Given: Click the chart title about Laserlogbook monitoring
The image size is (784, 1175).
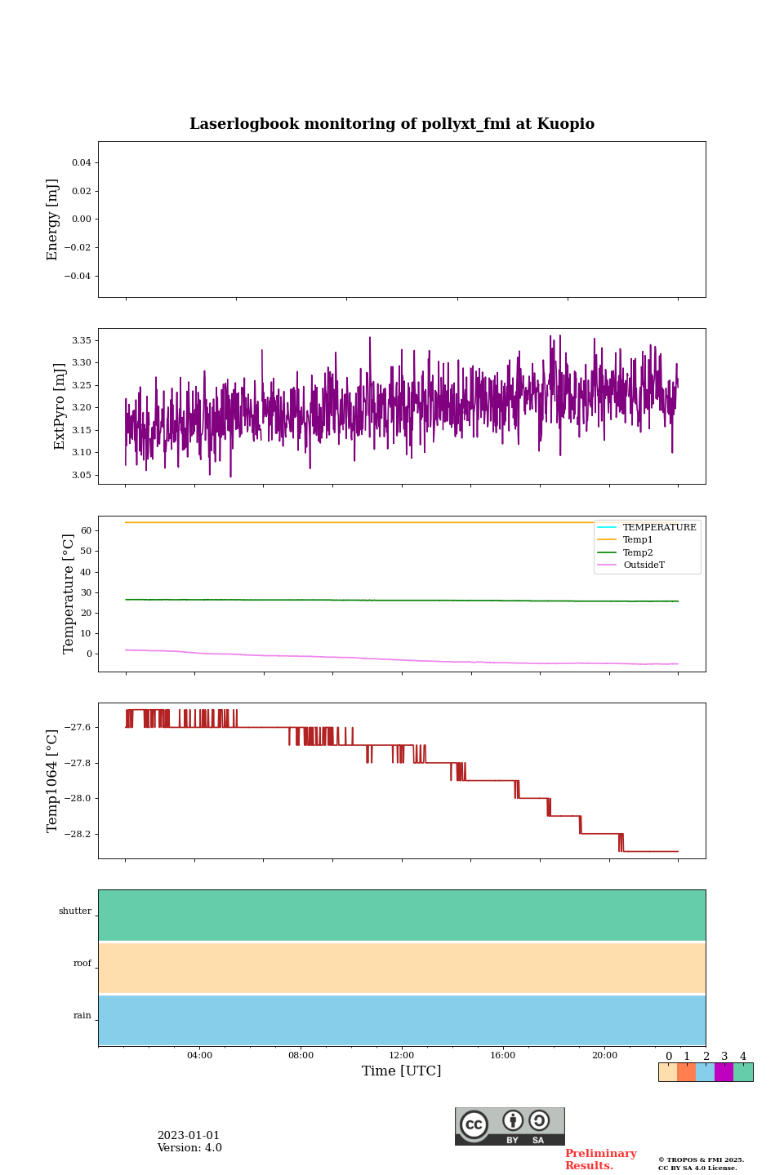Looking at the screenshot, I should click(x=392, y=124).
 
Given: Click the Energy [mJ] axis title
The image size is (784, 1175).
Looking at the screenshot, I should click(x=53, y=219).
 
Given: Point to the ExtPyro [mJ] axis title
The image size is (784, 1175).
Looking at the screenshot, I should click(x=60, y=406).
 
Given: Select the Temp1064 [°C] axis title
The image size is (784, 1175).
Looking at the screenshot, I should click(x=53, y=780).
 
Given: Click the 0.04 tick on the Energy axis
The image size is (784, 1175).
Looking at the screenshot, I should click(x=81, y=163).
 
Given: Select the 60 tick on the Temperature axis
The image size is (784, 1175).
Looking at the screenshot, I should click(x=85, y=530).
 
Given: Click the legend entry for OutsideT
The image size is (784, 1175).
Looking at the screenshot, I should click(x=644, y=565).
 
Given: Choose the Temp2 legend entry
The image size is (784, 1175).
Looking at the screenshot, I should click(x=638, y=553).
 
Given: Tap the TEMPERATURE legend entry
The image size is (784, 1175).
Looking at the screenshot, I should click(x=659, y=528).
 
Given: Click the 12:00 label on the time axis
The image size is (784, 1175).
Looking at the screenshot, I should click(x=402, y=1056).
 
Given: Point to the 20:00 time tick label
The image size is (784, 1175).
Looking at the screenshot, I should click(x=604, y=1056).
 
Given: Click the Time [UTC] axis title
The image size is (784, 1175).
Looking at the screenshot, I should click(x=402, y=1071).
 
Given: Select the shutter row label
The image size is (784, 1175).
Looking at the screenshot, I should click(x=75, y=911).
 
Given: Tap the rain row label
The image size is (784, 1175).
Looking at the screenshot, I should click(x=82, y=1016).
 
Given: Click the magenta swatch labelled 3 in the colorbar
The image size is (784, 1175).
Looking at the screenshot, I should click(x=724, y=1072).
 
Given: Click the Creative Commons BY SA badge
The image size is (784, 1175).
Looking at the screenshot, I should click(x=510, y=1126).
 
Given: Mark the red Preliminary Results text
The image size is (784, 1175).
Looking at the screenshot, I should click(x=600, y=1159).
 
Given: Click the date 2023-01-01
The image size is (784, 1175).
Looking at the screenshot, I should click(x=189, y=1136).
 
